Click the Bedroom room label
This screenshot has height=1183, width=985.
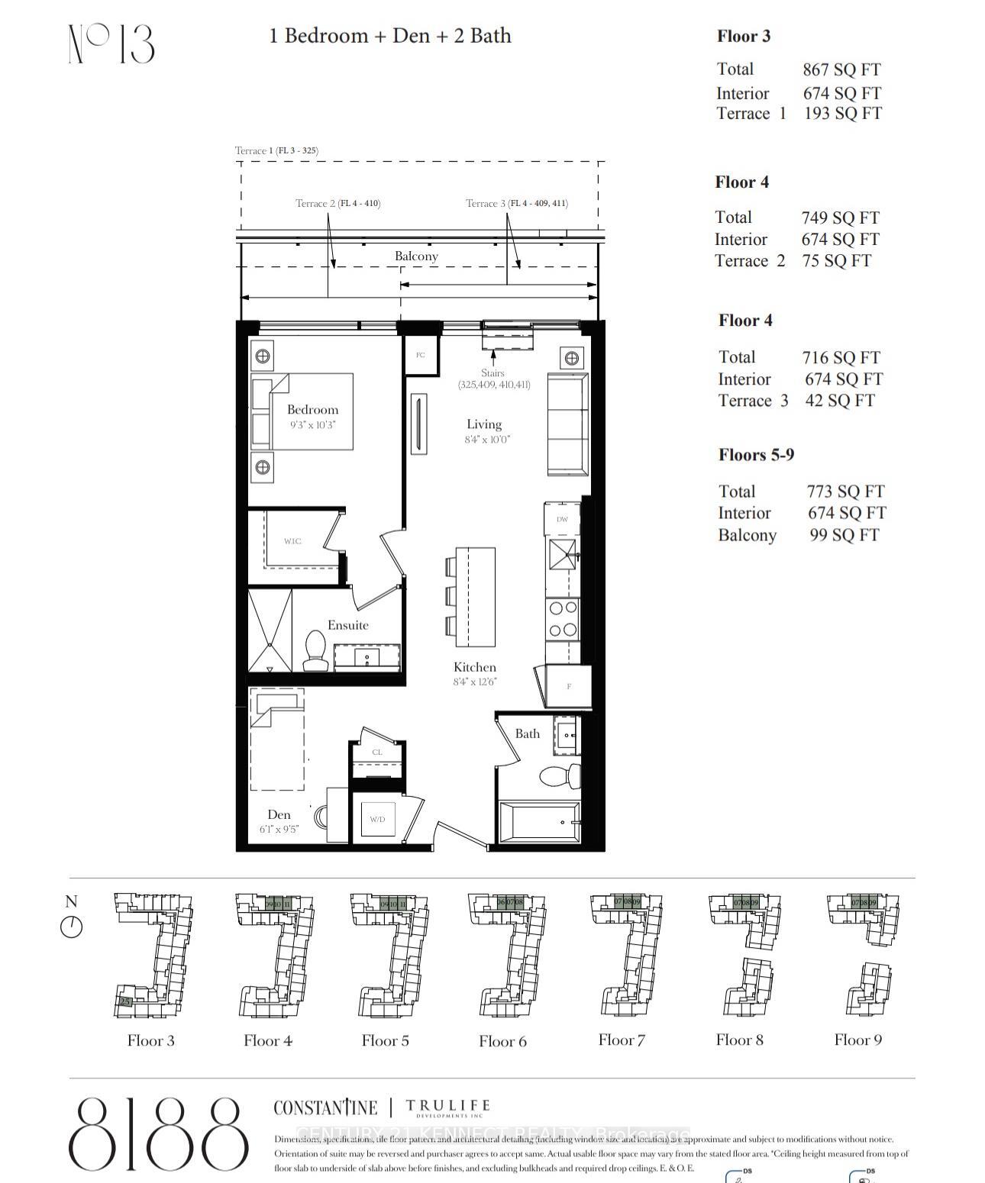tap(312, 410)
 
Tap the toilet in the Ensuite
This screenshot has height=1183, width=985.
tap(314, 648)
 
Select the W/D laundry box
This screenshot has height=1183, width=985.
tap(378, 818)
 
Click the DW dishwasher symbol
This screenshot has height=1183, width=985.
tap(563, 519)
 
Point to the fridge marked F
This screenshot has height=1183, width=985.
tap(568, 686)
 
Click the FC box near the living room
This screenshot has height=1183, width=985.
tap(421, 355)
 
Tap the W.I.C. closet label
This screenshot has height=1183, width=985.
tap(292, 541)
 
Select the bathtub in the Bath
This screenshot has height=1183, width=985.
tap(538, 822)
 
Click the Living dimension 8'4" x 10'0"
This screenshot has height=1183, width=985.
tap(486, 440)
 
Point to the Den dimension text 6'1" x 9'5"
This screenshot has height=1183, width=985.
tap(279, 829)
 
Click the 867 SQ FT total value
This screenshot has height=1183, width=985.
tap(841, 69)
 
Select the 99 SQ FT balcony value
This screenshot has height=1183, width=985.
tap(844, 535)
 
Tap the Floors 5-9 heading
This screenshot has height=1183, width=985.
tap(756, 455)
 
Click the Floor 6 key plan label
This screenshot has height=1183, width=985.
tap(502, 1041)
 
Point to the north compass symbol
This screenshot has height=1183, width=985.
tap(71, 927)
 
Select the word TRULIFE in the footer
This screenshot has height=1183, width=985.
tap(447, 1105)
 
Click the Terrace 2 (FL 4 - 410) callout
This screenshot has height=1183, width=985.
tap(337, 203)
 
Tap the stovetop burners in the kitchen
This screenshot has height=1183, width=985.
tap(563, 619)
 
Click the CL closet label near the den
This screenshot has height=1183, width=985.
tap(377, 752)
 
